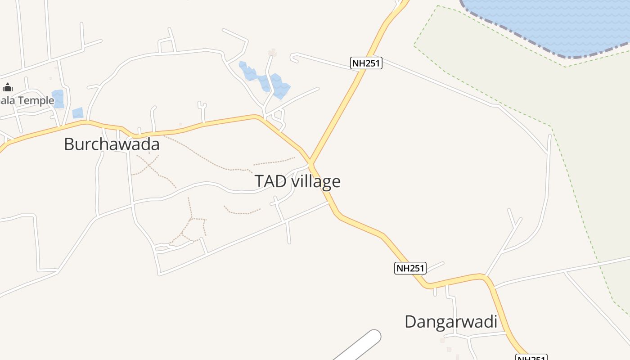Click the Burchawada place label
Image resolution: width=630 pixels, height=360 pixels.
pyautogui.click(x=112, y=144)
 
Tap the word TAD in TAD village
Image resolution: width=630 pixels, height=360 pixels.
pyautogui.click(x=270, y=181)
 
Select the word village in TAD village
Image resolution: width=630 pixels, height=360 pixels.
pyautogui.click(x=316, y=181)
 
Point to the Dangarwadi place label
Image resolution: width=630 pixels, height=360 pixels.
pyautogui.click(x=450, y=322)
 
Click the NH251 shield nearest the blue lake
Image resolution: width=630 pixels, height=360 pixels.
pyautogui.click(x=366, y=63)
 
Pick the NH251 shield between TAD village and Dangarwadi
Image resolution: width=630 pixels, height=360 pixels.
pyautogui.click(x=410, y=268)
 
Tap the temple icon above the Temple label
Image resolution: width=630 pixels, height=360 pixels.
pyautogui.click(x=7, y=87)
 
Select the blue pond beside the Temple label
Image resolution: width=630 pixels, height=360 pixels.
pyautogui.click(x=58, y=98)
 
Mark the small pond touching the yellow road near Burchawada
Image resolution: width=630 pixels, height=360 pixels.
pyautogui.click(x=78, y=113)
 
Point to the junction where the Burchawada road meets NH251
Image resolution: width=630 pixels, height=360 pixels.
pyautogui.click(x=310, y=163)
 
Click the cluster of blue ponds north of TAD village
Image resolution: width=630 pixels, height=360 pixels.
pyautogui.click(x=265, y=80)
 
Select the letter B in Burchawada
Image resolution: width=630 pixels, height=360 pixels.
pyautogui.click(x=69, y=144)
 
